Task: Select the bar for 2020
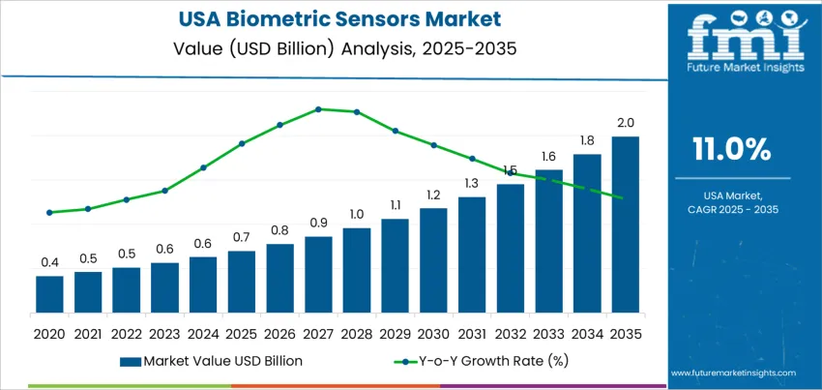pos(49,294)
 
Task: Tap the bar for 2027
pos(318,275)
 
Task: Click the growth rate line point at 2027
pos(318,108)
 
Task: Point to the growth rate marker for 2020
pos(49,212)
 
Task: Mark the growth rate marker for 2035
pos(620,197)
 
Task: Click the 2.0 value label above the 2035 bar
pos(625,123)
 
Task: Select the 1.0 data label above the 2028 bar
pos(357,214)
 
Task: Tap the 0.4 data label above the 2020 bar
pos(49,262)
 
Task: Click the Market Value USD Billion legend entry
pos(212,361)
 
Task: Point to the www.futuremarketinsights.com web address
pos(731,373)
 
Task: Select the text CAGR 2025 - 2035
pos(732,209)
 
